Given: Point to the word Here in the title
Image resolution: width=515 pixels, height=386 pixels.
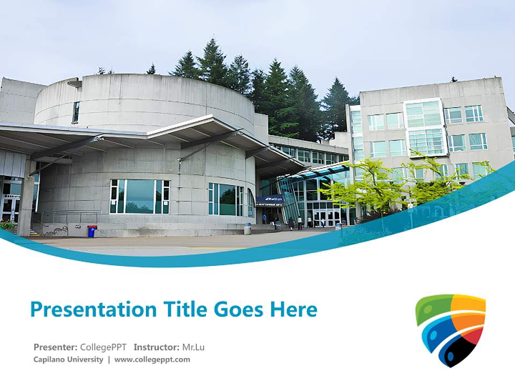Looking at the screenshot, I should point(293,309).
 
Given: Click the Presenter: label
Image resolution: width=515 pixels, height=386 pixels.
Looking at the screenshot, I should point(55,347).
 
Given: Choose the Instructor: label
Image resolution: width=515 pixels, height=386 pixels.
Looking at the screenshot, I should point(157,347).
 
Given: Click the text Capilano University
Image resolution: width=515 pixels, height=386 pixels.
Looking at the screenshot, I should point(68,360).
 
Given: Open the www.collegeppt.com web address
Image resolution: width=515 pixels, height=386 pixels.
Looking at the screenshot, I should point(152,360).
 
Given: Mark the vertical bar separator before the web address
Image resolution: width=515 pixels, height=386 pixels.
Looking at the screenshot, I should point(109,360).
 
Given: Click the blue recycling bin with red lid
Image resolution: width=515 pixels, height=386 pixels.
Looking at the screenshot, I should point(92,231).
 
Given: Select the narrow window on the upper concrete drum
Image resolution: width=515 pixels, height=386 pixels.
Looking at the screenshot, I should point(76,112).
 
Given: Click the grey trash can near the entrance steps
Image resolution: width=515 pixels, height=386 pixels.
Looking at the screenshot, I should point(247,228).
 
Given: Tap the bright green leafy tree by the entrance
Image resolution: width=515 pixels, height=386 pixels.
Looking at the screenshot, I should point(376,185).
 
